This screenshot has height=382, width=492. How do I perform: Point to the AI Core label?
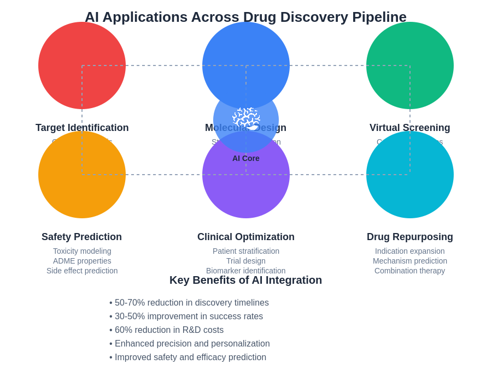[x=246, y=158]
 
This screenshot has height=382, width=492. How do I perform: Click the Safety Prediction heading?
[x=82, y=237]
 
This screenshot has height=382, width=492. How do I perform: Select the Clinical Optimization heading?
[x=246, y=237]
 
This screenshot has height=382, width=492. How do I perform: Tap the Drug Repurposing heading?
[x=410, y=237]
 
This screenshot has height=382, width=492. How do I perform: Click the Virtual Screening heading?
[x=410, y=128]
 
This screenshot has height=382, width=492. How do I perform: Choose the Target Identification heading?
[x=82, y=128]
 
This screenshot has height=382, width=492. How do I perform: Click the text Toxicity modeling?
[x=82, y=251]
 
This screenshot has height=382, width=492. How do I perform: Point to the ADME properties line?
[x=82, y=261]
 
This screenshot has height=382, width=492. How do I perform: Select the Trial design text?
[x=246, y=261]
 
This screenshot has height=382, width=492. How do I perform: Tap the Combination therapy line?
[x=410, y=271]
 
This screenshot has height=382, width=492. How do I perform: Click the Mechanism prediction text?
[x=410, y=261]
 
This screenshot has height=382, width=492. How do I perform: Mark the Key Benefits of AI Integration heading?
[x=246, y=280]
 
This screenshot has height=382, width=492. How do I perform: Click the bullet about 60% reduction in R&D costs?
[x=169, y=330]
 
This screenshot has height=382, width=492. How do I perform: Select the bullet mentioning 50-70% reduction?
[x=191, y=303]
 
